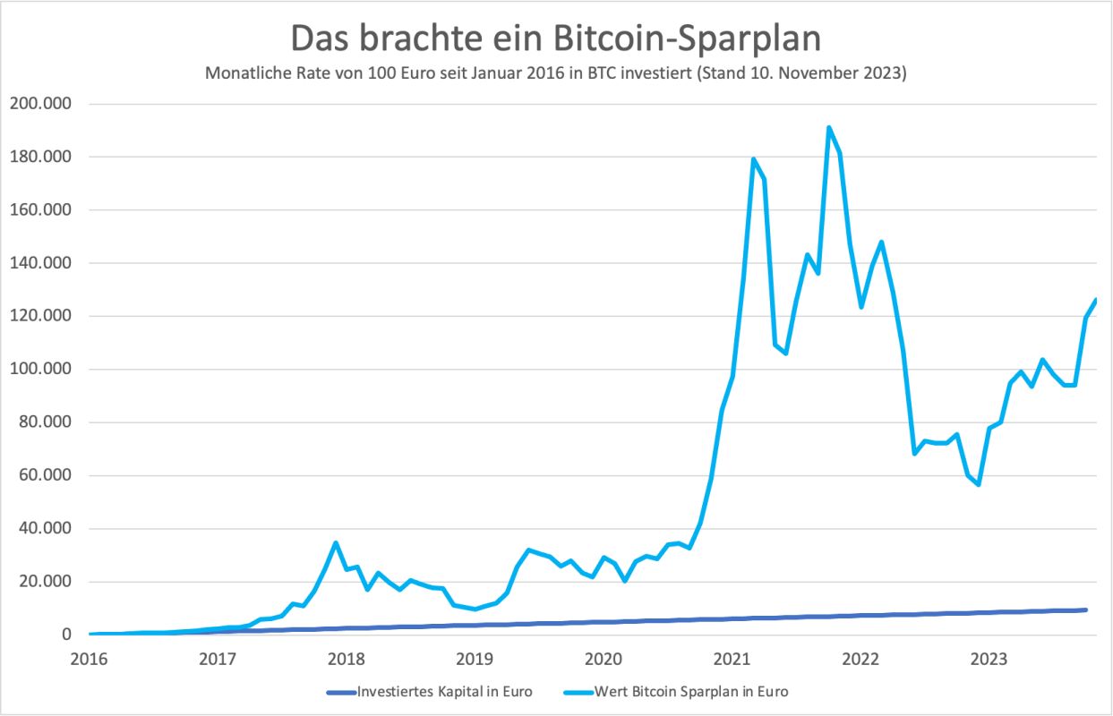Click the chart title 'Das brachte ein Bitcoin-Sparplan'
pyautogui.click(x=556, y=39)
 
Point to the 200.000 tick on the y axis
pyautogui.click(x=41, y=104)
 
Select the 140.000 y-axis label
pyautogui.click(x=41, y=263)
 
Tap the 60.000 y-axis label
pyautogui.click(x=45, y=475)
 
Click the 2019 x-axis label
pyautogui.click(x=475, y=660)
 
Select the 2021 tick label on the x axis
pyautogui.click(x=731, y=660)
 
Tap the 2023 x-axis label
pyautogui.click(x=988, y=660)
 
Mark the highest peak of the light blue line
pyautogui.click(x=829, y=127)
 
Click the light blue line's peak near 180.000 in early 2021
pyautogui.click(x=753, y=159)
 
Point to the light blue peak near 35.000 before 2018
pyautogui.click(x=335, y=542)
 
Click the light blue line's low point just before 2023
pyautogui.click(x=979, y=484)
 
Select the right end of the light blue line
pyautogui.click(x=1095, y=301)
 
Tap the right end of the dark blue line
pyautogui.click(x=1085, y=609)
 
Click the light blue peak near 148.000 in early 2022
pyautogui.click(x=882, y=242)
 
